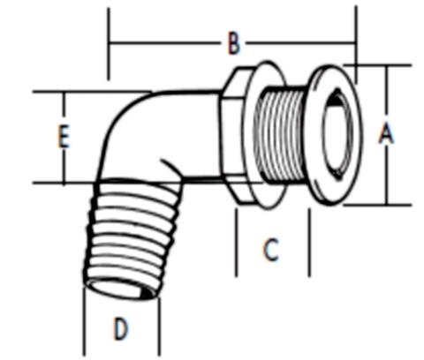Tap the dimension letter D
tap(122, 329)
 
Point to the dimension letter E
tap(63, 137)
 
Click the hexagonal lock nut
tap(236, 137)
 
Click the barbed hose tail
tap(124, 234)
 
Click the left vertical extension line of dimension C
tap(237, 243)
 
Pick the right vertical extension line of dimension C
tap(308, 243)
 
